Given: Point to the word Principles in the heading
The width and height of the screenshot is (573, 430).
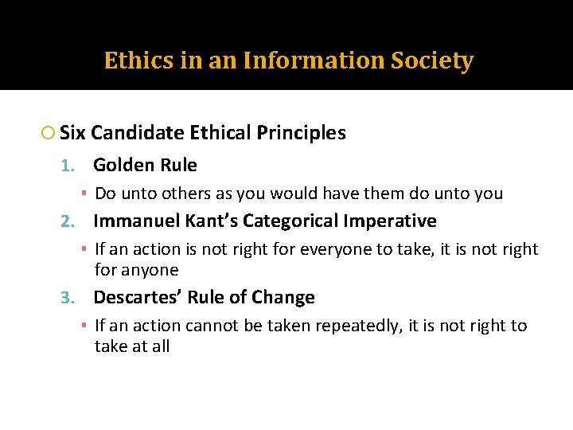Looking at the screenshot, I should click(302, 133).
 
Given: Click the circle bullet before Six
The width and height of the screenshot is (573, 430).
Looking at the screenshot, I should click(48, 134).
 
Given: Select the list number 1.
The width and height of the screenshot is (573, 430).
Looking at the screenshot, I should click(68, 166).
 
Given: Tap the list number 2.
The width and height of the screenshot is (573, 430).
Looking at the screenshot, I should click(68, 221).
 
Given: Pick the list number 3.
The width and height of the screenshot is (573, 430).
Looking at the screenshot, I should click(68, 299).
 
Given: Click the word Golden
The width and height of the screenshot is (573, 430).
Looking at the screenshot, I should click(119, 166).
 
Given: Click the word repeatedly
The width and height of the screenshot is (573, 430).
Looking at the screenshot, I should click(355, 326).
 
